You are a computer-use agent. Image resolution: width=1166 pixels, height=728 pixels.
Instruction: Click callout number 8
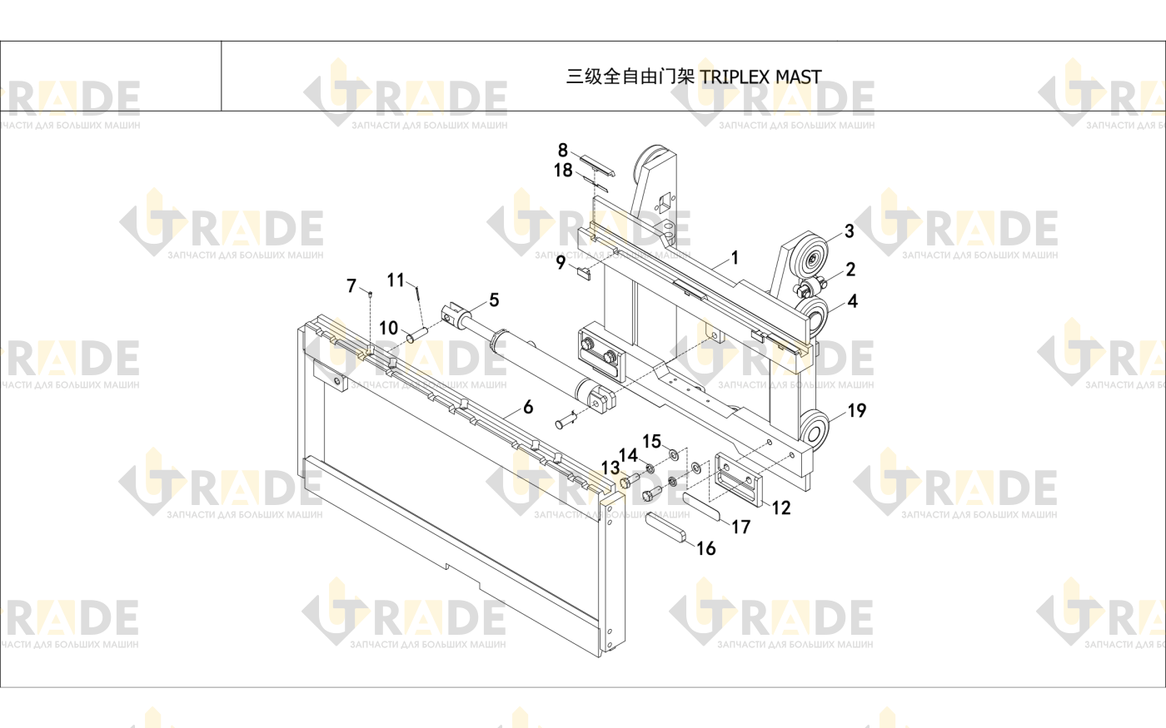(563, 150)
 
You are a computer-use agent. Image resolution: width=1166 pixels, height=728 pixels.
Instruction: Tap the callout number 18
(563, 170)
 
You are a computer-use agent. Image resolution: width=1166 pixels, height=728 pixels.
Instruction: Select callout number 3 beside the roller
(849, 231)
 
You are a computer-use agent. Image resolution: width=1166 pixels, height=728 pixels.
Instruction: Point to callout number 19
(857, 410)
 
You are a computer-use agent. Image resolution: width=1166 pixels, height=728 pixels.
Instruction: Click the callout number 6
(528, 407)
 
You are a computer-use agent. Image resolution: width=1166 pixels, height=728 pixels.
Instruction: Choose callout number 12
(781, 508)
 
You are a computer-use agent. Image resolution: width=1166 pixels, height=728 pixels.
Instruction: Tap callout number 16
(706, 548)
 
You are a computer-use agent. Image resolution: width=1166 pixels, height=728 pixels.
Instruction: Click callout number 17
(740, 527)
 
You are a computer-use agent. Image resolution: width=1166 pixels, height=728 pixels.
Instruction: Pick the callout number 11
(396, 280)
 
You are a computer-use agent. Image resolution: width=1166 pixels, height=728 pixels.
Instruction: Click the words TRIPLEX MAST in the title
(760, 77)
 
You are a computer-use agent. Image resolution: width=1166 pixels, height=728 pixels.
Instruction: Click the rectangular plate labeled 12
(739, 479)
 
